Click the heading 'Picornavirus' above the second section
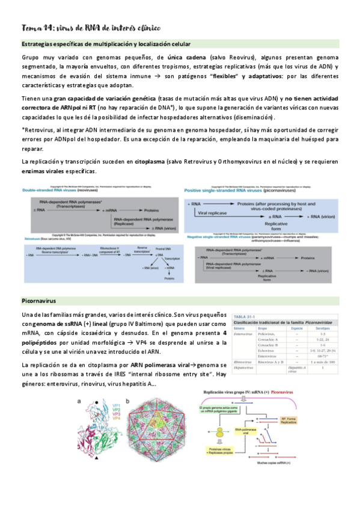click(38, 299)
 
